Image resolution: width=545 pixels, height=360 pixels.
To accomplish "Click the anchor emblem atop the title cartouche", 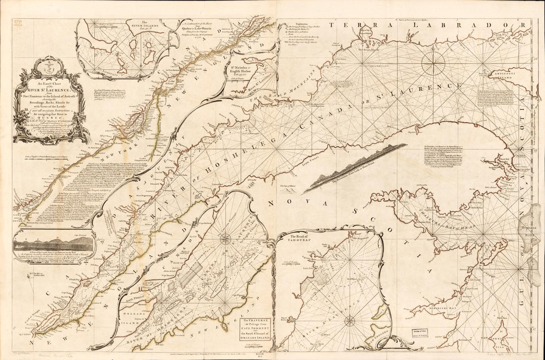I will (48, 64).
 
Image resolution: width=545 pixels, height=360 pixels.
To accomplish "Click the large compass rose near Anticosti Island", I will (433, 63).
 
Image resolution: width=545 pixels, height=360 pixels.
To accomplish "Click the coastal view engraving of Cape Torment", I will (54, 244).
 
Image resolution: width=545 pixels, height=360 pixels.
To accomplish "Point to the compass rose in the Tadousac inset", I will (349, 320).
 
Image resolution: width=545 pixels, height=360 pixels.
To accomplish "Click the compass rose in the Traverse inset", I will (225, 239).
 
